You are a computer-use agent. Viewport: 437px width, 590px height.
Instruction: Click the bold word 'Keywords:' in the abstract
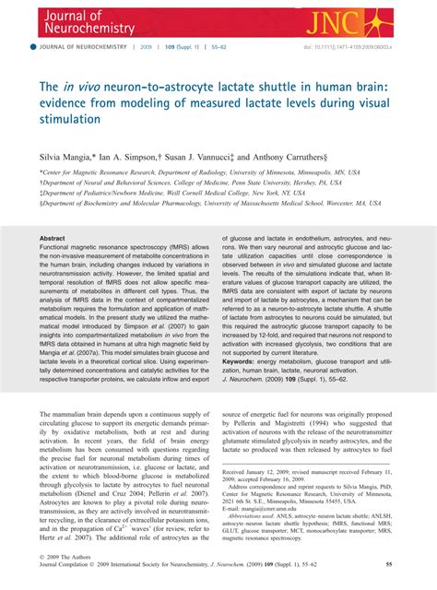click(243, 362)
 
